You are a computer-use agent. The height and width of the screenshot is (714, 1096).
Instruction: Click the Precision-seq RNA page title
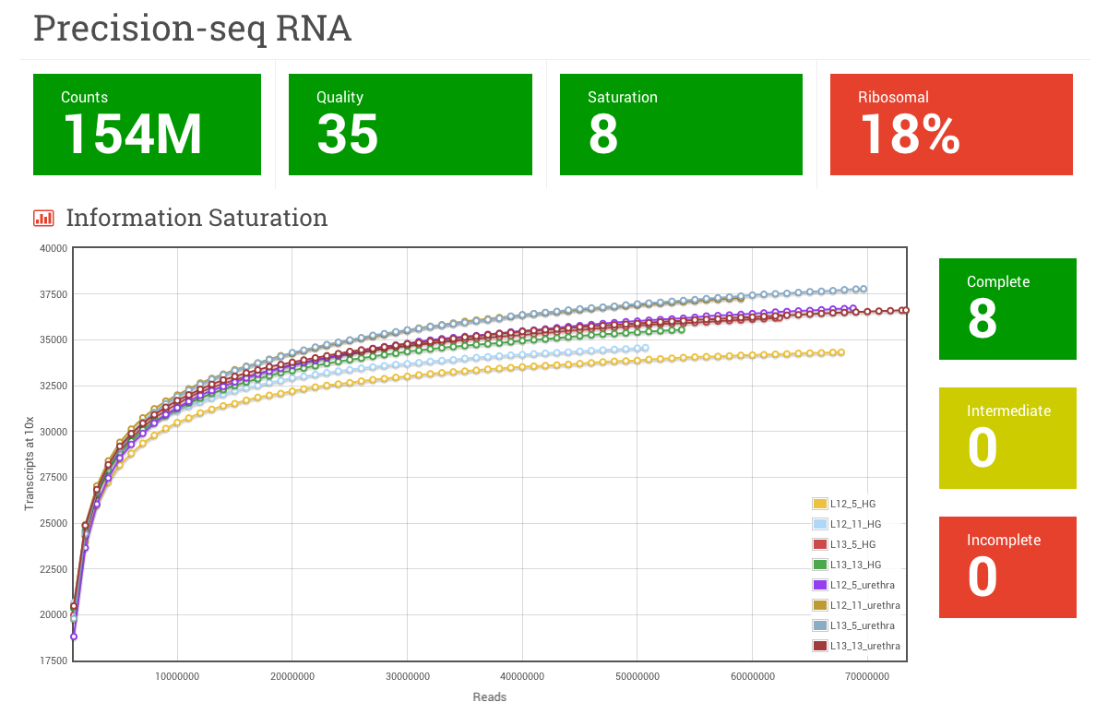point(192,29)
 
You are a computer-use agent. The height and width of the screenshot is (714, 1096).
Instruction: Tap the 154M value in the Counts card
point(133,134)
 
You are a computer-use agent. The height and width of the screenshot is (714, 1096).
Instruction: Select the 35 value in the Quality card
point(348,134)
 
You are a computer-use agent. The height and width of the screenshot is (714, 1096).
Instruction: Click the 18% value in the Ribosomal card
point(910,134)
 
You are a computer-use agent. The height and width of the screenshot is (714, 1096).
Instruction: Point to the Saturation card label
point(623,97)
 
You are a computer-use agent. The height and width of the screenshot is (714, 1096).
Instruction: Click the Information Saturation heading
point(197,218)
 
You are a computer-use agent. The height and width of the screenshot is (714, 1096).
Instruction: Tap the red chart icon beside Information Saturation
point(43,219)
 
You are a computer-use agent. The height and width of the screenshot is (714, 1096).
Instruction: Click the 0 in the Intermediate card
point(983,448)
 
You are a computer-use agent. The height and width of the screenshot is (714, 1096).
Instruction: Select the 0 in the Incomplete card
point(983,577)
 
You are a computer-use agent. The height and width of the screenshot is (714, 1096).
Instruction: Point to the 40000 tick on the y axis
point(53,248)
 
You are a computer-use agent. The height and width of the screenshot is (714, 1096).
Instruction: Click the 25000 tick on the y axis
point(53,523)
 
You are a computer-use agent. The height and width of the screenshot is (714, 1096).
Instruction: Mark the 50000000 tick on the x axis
point(637,677)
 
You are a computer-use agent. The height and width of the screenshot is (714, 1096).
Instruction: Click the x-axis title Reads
point(490,697)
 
